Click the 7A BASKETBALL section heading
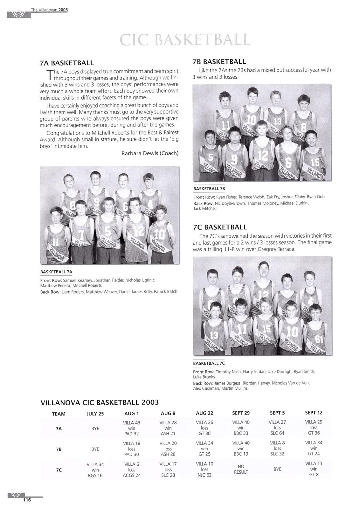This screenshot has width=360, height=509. pos(67,63)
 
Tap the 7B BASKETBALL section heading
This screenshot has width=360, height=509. pos(219,61)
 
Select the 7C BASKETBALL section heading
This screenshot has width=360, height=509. pos(220,227)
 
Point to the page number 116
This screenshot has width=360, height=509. pos(26,500)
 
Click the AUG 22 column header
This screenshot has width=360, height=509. pos(204,413)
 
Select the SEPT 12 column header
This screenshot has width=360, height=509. pos(314,413)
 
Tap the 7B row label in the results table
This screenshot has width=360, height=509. pos(59,449)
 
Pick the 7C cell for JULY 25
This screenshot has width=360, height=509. pos(95,470)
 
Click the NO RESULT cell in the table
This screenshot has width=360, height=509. pos(241,469)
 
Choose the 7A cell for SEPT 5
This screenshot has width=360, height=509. pos(277,428)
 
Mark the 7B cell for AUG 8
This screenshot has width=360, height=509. pos(168,449)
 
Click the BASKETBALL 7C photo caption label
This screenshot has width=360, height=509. pos(209,363)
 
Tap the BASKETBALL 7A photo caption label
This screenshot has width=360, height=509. pos(56,272)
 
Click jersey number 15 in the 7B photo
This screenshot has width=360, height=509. pos(315,163)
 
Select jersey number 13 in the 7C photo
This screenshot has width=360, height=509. pos(214,335)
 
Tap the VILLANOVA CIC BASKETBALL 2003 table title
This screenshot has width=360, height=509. pos(100,402)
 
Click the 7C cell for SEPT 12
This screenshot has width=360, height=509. pos(314,469)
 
